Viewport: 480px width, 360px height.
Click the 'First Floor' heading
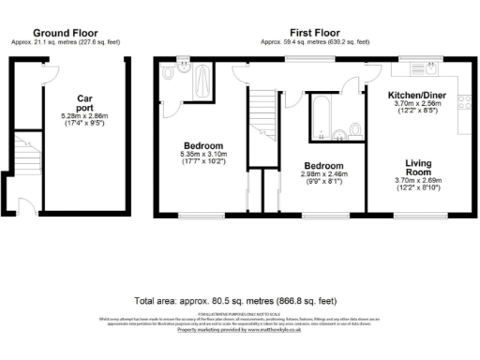point(313,32)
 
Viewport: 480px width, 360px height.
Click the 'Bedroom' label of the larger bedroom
point(202,145)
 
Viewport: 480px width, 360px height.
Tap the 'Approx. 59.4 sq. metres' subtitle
point(314,42)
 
